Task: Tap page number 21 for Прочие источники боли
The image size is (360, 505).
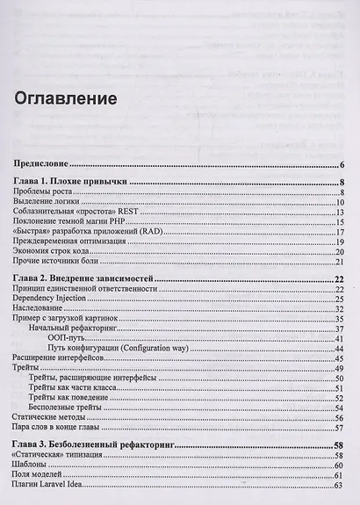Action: click(x=338, y=262)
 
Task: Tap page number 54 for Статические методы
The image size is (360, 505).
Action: click(x=338, y=419)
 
